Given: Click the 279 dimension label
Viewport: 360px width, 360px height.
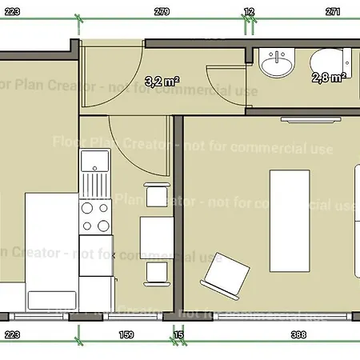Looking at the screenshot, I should [x=162, y=12].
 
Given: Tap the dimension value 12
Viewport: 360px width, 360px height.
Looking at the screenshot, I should [x=250, y=12].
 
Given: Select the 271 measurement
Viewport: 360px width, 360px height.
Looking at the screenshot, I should [x=334, y=12].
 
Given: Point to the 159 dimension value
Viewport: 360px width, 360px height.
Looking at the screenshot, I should [x=126, y=334].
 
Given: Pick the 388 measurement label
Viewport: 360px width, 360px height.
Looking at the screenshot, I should [x=299, y=334].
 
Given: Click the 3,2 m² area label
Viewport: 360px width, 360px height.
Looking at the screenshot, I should [x=161, y=80].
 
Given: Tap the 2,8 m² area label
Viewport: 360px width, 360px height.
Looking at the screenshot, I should [x=328, y=77].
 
